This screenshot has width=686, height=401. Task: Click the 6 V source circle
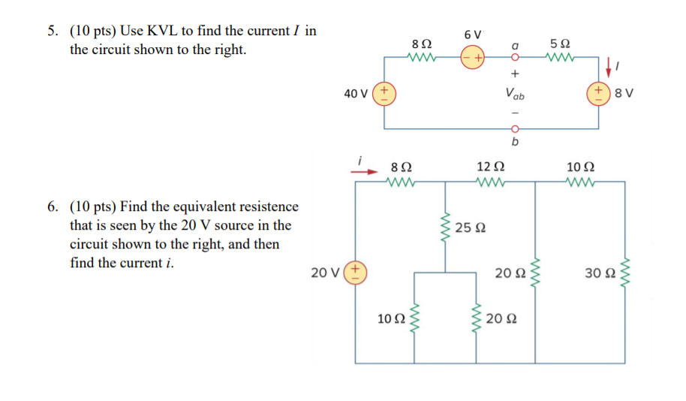click(473, 57)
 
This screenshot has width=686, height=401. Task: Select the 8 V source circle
click(599, 94)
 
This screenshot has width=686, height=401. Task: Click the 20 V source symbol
click(354, 271)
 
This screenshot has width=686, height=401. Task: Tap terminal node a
click(515, 57)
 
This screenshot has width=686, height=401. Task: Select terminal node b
click(515, 128)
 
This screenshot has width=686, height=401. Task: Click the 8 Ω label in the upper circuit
click(422, 44)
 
